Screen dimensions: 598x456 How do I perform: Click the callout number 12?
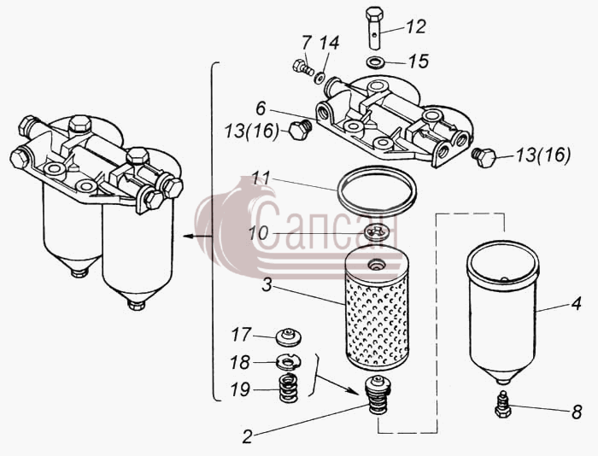tap(416, 26)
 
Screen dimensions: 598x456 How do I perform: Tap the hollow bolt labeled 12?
tap(374, 27)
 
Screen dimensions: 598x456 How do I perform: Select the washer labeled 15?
tap(374, 62)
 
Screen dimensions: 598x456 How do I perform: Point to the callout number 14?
tap(329, 43)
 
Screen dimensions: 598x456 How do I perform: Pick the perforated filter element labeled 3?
tap(376, 308)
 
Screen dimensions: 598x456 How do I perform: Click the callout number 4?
tap(576, 304)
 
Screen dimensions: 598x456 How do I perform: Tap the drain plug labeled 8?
tap(503, 405)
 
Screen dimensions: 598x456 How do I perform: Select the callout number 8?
tap(577, 412)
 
